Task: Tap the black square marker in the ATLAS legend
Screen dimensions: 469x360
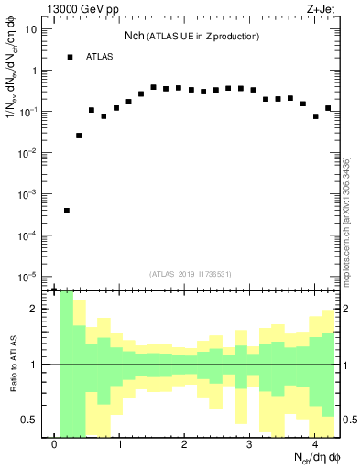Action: click(70, 57)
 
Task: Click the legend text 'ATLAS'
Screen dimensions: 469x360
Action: click(100, 57)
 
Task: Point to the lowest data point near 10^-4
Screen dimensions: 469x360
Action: click(67, 211)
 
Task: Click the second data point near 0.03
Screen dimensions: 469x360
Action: click(79, 136)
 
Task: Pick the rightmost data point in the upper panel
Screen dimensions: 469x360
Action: click(327, 108)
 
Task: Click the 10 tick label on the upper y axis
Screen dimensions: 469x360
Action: click(31, 28)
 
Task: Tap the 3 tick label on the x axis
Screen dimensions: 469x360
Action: click(249, 444)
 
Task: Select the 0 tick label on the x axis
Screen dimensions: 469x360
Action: click(55, 444)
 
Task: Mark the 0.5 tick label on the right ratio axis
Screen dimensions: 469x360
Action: click(348, 420)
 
